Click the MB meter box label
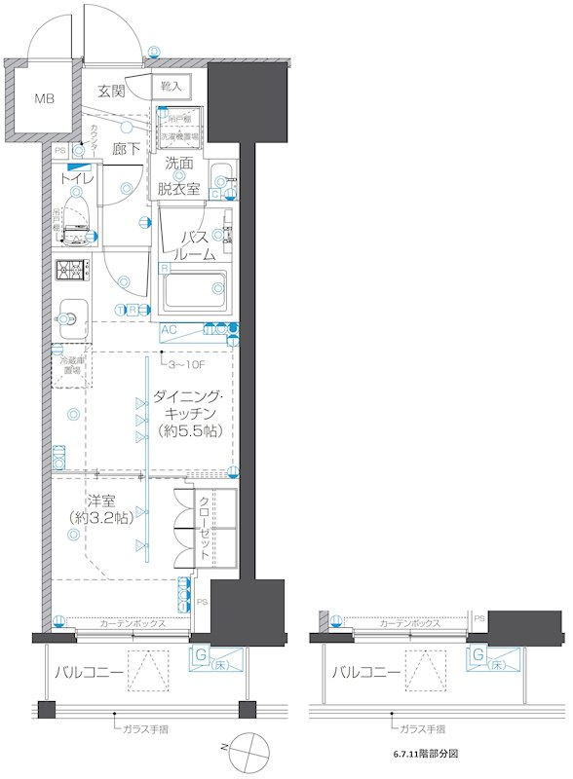[46, 98]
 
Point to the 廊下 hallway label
[127, 149]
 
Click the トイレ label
[77, 179]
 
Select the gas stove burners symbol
[70, 270]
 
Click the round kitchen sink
[70, 316]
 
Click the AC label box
[168, 330]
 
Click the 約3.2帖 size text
[102, 519]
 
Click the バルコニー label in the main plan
[89, 672]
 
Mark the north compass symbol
[248, 750]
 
